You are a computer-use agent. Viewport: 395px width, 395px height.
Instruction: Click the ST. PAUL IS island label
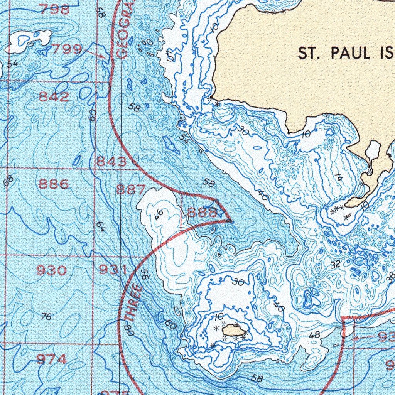coord(346,54)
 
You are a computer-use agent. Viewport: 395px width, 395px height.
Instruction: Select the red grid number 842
coord(54,97)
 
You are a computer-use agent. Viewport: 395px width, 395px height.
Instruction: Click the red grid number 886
coord(54,184)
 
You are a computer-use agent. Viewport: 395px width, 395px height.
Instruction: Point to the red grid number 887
coord(131,189)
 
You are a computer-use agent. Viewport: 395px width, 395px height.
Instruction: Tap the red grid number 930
coord(51,270)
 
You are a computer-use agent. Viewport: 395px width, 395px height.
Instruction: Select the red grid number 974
coord(51,360)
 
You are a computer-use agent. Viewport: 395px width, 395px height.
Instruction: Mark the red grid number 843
coord(111,162)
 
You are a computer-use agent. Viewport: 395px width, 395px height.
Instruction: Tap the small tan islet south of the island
coord(234,330)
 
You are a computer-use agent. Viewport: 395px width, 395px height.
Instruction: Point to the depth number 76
coord(46,317)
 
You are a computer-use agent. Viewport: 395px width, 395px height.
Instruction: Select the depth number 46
coord(159,214)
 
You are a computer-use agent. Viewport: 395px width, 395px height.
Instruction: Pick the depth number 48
coord(315,335)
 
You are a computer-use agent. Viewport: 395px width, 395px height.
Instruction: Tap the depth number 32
coord(336,264)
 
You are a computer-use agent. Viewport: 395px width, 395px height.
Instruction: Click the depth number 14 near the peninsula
coord(338,178)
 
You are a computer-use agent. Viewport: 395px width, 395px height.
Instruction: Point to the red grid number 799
coord(66,49)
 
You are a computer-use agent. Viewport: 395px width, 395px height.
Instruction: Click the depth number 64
coord(101,226)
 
